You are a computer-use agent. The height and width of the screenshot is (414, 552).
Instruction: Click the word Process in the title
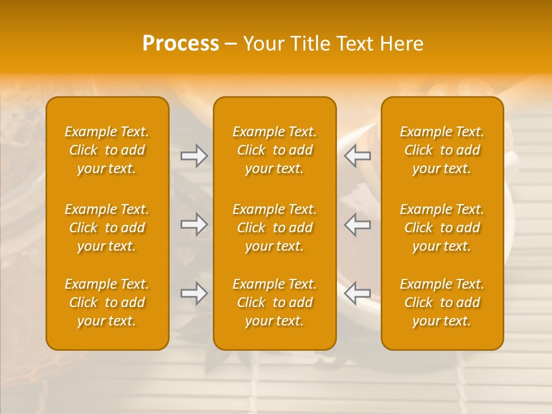pyautogui.click(x=181, y=44)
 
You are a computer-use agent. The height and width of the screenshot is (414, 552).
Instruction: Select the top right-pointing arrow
pyautogui.click(x=194, y=156)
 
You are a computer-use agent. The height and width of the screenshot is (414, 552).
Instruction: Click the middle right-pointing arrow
pyautogui.click(x=194, y=224)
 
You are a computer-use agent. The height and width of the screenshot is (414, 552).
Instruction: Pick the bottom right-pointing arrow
pyautogui.click(x=194, y=293)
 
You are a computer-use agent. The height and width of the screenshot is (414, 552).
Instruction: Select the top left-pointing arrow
pyautogui.click(x=358, y=156)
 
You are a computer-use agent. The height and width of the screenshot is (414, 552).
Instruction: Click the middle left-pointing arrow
pyautogui.click(x=358, y=224)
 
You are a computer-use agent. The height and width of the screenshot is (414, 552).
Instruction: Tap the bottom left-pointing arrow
pyautogui.click(x=358, y=293)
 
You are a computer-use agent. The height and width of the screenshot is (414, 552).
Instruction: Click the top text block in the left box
pyautogui.click(x=107, y=150)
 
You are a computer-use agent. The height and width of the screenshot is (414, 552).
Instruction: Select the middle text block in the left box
pyautogui.click(x=107, y=228)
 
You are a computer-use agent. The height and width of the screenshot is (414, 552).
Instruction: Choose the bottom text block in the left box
pyautogui.click(x=107, y=302)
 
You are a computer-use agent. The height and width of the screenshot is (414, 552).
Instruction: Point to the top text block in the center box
pyautogui.click(x=275, y=150)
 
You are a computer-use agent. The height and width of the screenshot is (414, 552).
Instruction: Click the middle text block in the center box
pyautogui.click(x=275, y=228)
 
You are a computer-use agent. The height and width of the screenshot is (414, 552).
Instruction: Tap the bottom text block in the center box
pyautogui.click(x=275, y=302)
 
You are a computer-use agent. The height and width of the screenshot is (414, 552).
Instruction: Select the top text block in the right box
pyautogui.click(x=442, y=150)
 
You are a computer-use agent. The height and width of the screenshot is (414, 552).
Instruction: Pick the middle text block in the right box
pyautogui.click(x=442, y=228)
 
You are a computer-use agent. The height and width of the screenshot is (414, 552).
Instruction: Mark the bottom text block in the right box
pyautogui.click(x=442, y=302)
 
